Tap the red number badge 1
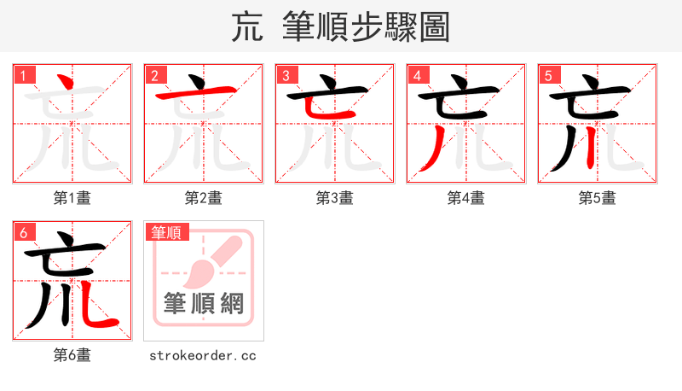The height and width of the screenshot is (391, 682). pos(23,75)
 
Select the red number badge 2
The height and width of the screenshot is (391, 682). pos(154,75)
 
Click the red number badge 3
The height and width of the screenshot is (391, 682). pos(286,75)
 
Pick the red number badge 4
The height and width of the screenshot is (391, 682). pos(417,75)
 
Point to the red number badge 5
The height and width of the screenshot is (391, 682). pos(548,75)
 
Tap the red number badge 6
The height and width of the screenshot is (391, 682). pos(23,232)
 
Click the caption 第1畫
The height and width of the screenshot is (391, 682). pos(72,198)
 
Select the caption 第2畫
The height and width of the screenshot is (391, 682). pos(204,198)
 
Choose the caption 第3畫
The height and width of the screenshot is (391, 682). pos(335,198)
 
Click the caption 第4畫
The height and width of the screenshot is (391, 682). pos(466,198)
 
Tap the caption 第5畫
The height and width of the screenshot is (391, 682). pos(598,198)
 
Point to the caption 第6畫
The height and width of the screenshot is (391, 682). pos(72,355)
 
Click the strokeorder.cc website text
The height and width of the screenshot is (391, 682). pos(203,355)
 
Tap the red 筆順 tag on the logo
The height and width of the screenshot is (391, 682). pos(167,232)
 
